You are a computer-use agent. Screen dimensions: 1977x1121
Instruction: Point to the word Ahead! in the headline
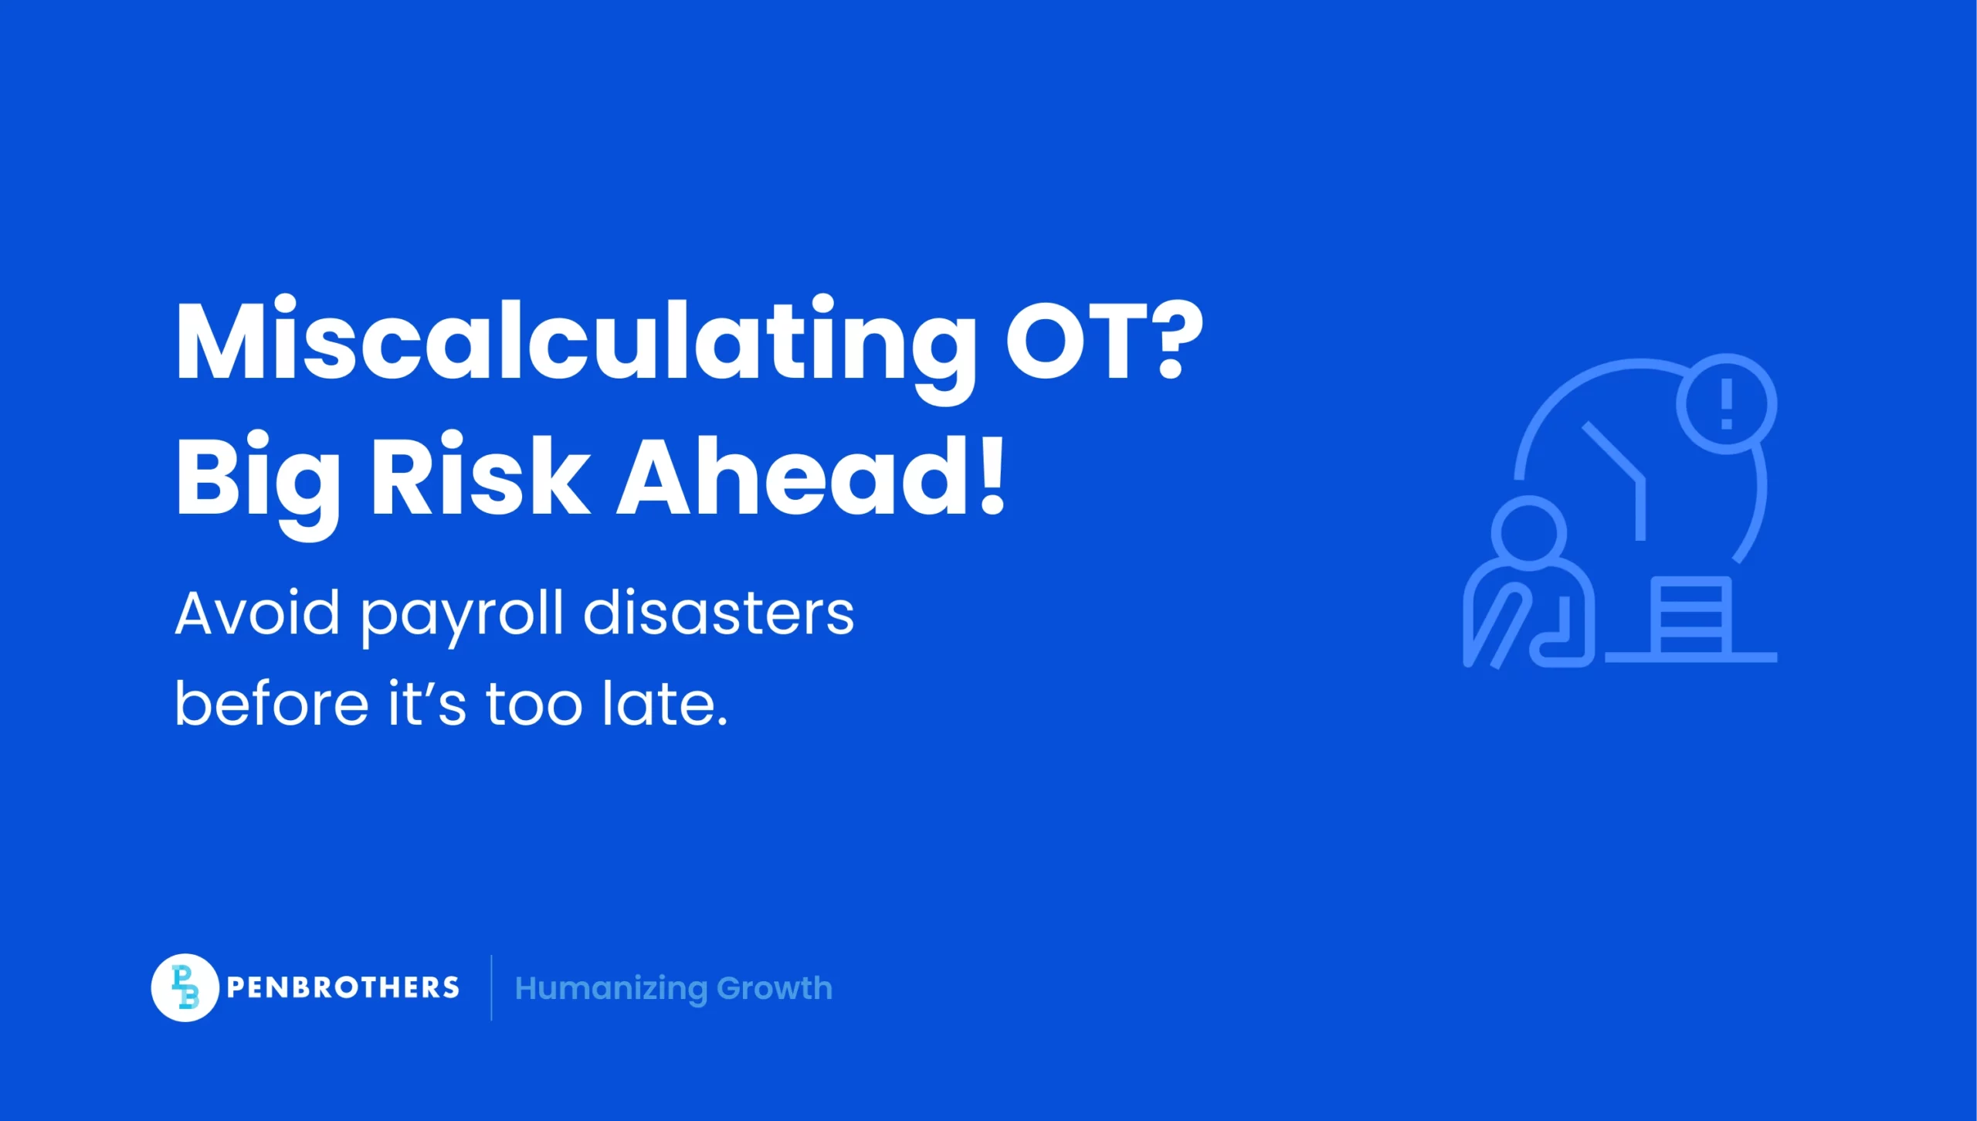point(812,474)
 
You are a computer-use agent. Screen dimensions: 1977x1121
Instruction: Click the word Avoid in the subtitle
point(257,613)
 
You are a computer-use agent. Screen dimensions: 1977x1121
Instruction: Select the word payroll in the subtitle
point(462,618)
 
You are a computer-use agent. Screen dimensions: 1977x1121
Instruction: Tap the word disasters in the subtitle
point(719,613)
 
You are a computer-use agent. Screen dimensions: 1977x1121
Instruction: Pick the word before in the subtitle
point(272,702)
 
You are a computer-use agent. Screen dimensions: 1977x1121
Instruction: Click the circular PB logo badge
point(185,987)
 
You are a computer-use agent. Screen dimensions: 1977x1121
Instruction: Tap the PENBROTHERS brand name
point(343,987)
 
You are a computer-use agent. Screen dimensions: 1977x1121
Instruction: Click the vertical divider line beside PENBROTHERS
point(491,987)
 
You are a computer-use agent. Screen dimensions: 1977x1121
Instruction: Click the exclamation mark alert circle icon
point(1727,404)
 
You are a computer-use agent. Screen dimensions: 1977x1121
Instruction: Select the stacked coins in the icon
point(1691,618)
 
